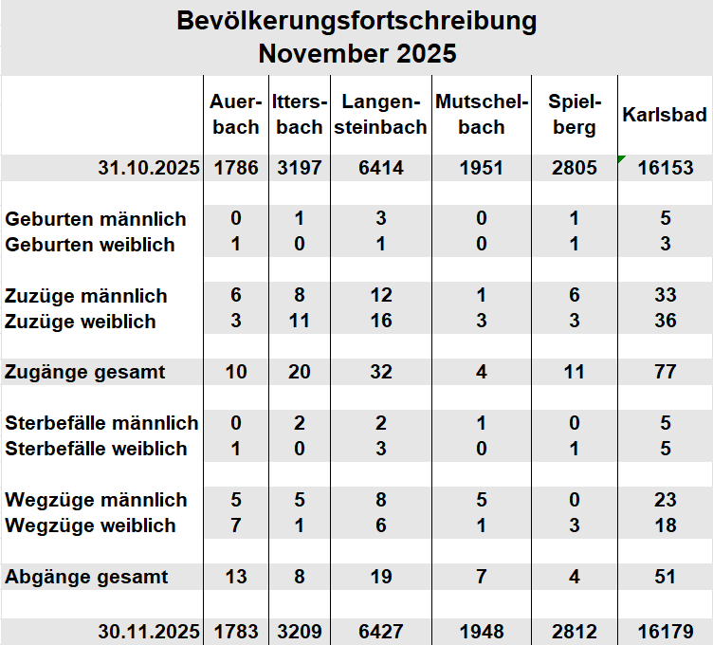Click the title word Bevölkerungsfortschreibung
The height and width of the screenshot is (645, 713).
coord(356,21)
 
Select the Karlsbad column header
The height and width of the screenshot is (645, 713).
coord(665,115)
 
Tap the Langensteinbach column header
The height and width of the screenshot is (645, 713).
coord(380,115)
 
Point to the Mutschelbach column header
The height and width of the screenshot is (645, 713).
coord(482,115)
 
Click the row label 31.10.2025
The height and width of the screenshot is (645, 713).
coord(149,168)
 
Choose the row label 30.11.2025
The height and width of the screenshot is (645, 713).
coord(149,631)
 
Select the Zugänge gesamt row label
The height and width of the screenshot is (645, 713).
coord(85,372)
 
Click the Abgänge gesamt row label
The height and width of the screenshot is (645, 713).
coord(87,576)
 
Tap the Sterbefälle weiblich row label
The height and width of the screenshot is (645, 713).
coord(97,449)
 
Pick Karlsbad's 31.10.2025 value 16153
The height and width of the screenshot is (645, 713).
coord(665,168)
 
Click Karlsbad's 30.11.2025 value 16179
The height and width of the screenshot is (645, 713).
coord(665,631)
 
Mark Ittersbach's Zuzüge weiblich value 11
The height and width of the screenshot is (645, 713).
coord(299,322)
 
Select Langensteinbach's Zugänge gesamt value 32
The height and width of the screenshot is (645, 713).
coord(380,372)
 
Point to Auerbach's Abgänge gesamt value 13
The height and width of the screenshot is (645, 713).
coord(236,576)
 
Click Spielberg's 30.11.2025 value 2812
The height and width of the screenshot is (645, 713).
coord(574,631)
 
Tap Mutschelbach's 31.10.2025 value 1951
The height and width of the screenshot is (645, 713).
coord(482,168)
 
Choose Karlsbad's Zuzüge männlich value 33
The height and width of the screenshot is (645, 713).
coord(665,296)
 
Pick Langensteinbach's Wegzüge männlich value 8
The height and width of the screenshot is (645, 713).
coord(380,500)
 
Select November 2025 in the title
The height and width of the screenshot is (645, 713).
coord(356,53)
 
